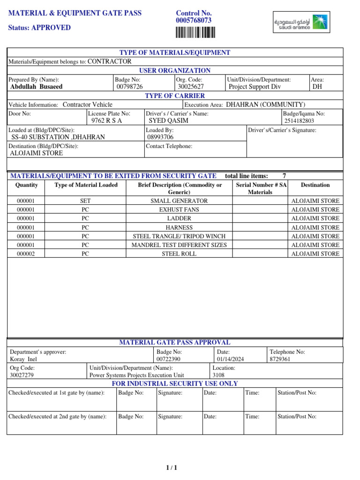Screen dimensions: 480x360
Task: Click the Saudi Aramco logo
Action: [x=301, y=22]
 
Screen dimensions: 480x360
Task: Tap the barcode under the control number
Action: [x=195, y=32]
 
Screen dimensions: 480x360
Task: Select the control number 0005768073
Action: [x=194, y=21]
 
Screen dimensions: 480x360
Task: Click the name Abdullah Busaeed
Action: [x=36, y=87]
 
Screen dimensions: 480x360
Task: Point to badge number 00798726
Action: [x=130, y=87]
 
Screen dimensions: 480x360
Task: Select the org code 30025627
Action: [x=191, y=87]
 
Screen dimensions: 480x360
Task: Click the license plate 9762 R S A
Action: [x=106, y=120]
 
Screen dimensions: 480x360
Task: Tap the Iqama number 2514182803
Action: [x=299, y=121]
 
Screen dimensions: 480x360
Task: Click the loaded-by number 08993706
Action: [x=160, y=137]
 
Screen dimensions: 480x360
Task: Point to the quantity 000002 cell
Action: [x=26, y=254]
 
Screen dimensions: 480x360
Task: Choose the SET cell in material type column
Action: [x=85, y=201]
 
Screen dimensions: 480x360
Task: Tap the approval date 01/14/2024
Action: [x=230, y=359]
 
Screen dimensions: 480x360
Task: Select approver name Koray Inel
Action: [x=23, y=359]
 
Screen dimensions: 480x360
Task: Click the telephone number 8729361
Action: [x=280, y=359]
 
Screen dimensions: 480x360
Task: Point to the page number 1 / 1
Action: [x=171, y=467]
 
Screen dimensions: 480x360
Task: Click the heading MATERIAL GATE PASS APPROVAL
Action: [x=175, y=343]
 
